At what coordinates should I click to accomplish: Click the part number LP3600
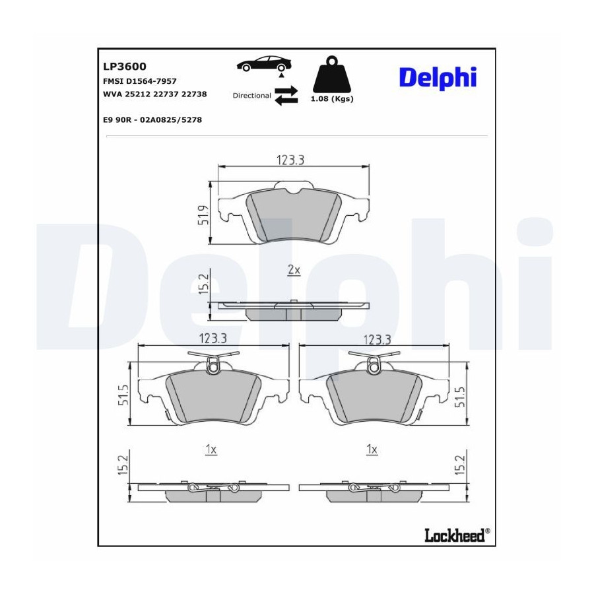pos(125,66)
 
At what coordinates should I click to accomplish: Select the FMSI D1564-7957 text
pos(140,81)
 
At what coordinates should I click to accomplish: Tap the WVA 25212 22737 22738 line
pos(155,94)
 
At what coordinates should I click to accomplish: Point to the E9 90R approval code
pos(152,119)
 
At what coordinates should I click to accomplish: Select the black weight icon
pos(332,74)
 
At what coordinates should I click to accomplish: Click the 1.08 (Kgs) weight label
pos(332,99)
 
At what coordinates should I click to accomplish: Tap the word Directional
pos(252,96)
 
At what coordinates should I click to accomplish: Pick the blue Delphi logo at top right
pos(438,78)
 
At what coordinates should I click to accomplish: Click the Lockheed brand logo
pos(457,535)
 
